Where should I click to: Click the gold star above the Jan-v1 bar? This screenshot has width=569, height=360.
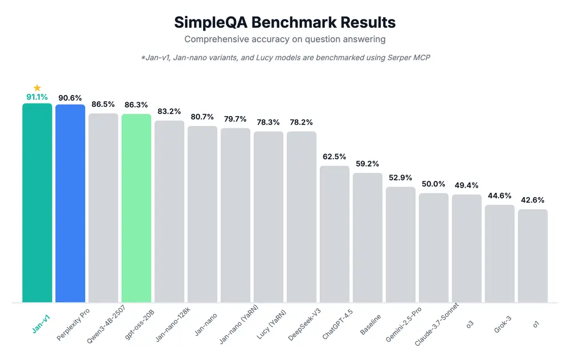[37, 88]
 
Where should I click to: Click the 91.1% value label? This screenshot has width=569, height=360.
[37, 97]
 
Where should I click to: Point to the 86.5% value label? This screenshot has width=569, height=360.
[103, 105]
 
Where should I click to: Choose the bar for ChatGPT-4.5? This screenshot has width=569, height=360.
[335, 234]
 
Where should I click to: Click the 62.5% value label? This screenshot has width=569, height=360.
[335, 156]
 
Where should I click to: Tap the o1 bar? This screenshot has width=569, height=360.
[533, 255]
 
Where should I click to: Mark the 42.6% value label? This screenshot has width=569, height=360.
[533, 200]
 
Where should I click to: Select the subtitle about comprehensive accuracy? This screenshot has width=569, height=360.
[284, 39]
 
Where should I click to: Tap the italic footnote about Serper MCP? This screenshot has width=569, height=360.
[284, 59]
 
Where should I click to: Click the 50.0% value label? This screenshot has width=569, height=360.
[434, 184]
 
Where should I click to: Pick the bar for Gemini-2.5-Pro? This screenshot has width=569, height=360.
[401, 244]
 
